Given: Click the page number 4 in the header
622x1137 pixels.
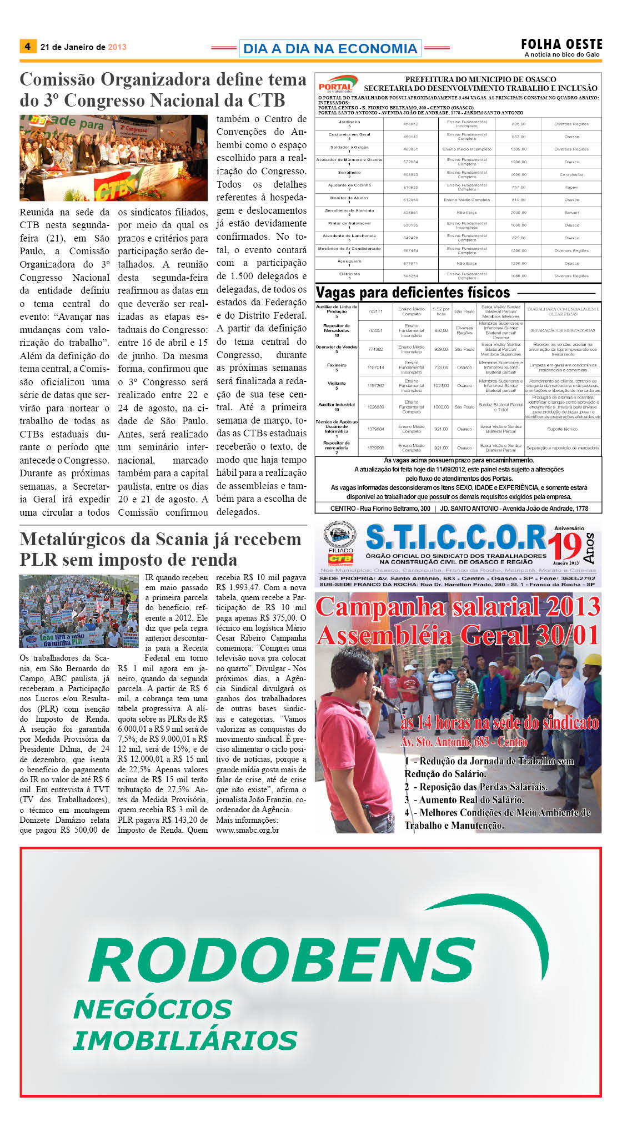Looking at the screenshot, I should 27,47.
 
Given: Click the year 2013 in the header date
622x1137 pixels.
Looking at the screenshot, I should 117,47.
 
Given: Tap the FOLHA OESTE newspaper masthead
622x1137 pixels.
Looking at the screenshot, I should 561,44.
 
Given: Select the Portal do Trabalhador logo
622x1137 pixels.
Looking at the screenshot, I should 335,85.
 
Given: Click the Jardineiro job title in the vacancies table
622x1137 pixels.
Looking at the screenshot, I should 349,122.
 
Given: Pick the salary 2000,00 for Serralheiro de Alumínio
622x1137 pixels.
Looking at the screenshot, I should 518,213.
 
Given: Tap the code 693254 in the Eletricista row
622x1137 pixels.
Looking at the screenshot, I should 410,276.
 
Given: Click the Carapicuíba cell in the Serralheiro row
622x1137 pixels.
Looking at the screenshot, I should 571,174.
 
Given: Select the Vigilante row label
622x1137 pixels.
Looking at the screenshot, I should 337,383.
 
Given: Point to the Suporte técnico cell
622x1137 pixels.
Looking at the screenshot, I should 563,429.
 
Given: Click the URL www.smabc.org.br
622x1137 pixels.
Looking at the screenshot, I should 247,830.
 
